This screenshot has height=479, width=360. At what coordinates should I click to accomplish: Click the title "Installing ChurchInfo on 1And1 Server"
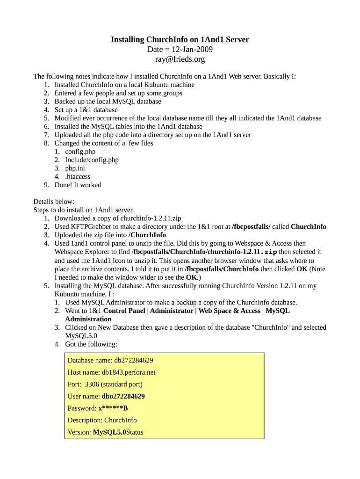coord(180,40)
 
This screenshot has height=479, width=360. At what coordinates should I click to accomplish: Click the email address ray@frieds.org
coord(180,59)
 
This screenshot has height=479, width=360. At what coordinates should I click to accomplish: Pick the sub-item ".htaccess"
coord(78,176)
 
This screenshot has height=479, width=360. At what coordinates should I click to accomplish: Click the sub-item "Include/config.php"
coord(92,160)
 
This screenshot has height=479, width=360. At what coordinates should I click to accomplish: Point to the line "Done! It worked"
coord(78,185)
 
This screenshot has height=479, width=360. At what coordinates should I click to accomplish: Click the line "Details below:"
coord(54,202)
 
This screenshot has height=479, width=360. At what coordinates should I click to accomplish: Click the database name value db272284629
coord(134,360)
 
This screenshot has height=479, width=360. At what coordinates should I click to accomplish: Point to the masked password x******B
coord(113,408)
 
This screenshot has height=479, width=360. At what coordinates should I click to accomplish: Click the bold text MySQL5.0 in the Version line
coord(109,432)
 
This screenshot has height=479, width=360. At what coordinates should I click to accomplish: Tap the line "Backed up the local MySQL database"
coord(108,102)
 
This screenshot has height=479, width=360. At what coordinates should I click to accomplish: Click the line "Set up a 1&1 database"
coord(86,110)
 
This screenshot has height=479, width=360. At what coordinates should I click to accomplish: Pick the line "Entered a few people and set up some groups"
coord(118,93)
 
